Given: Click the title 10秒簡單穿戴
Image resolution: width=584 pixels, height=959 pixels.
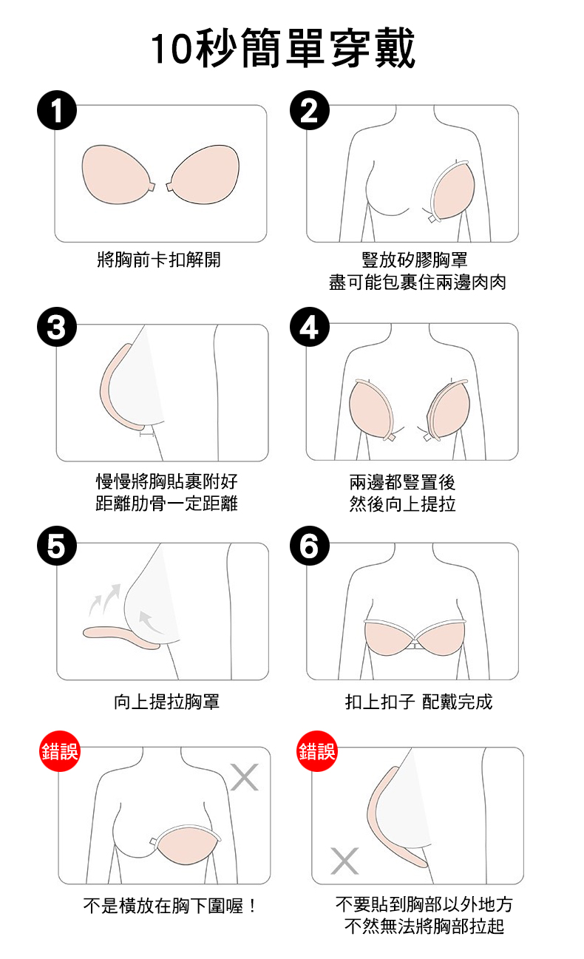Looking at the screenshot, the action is tap(283, 48).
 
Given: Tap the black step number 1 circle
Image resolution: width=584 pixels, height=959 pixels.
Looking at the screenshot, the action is tap(57, 110).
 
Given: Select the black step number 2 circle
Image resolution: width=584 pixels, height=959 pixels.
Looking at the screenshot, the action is tap(310, 110).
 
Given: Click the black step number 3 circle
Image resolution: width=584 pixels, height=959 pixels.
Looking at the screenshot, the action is tap(57, 327).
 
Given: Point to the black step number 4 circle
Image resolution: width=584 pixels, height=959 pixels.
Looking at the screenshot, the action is tap(310, 327).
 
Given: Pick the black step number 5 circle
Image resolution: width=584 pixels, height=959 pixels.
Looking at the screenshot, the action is tap(57, 546).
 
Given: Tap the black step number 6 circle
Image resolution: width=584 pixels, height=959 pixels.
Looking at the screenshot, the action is tap(310, 546).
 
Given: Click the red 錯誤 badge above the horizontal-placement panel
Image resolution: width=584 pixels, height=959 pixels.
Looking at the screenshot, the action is tap(60, 751).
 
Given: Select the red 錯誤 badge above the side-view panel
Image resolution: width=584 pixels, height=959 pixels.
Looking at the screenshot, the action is tap(317, 751).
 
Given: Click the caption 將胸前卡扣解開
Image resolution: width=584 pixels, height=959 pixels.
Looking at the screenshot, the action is tap(159, 260).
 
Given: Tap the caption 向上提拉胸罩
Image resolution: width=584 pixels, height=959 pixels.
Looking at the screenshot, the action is tap(166, 701).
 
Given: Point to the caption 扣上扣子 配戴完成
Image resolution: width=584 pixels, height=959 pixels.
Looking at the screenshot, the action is tap(418, 701).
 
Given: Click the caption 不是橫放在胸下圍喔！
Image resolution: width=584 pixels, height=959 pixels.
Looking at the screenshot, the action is tap(171, 906).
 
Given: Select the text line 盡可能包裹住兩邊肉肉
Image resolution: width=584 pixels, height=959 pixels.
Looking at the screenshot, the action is tap(418, 282).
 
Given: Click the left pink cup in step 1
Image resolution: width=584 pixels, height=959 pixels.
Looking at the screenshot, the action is tap(117, 174).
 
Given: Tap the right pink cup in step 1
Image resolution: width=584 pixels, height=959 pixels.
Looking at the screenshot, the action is tap(204, 174).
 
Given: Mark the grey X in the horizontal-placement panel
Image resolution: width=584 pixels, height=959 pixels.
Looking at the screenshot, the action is tap(244, 777).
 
